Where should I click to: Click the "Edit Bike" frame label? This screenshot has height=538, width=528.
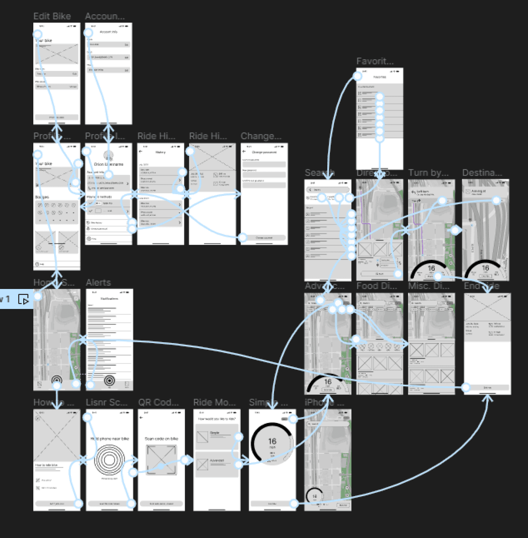coord(52,16)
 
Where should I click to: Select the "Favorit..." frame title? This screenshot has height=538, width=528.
coord(375,61)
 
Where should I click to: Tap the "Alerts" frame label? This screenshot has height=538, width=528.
coord(98,283)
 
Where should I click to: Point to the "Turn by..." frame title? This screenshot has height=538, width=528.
coord(428,173)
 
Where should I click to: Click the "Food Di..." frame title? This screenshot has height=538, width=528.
coord(376,286)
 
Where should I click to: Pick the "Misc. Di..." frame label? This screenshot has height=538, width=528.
coord(428,286)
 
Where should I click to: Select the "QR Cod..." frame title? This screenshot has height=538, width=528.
coord(158,403)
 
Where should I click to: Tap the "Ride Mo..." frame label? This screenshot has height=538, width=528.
coord(214,403)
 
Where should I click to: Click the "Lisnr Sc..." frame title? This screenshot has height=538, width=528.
coord(106,403)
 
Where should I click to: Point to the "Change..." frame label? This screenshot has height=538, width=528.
coord(261,136)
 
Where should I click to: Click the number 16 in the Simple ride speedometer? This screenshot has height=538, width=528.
coord(272,441)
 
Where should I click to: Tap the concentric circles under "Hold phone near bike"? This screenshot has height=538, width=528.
coord(109,460)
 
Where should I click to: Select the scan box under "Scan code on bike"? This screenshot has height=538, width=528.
coord(161,459)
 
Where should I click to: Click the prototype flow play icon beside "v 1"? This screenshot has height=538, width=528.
coord(23,299)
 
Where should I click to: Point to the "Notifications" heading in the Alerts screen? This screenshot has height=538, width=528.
coord(109,299)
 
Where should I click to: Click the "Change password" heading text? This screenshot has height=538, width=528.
coord(264,152)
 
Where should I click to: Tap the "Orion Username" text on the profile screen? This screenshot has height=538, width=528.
coord(108,164)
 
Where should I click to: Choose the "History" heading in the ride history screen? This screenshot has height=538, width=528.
coord(160,152)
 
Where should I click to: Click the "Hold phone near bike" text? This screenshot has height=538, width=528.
coord(110,438)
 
